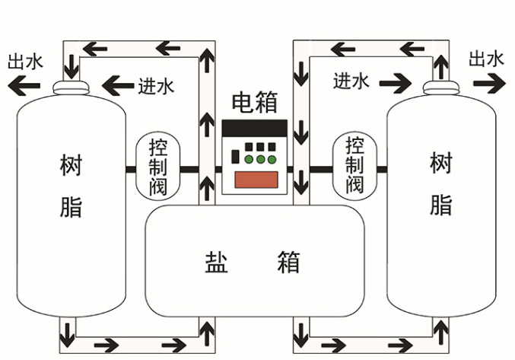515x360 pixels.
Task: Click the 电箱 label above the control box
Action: (254, 103)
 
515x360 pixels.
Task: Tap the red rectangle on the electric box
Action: (254, 180)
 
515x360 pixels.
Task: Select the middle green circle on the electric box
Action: (260, 160)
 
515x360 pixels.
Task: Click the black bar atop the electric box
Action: (254, 128)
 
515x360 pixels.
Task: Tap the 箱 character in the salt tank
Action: (289, 261)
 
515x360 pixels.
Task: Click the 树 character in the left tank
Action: (72, 164)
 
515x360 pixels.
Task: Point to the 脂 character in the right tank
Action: (440, 204)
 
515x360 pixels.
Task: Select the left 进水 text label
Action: (156, 85)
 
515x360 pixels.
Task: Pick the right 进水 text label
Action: (351, 81)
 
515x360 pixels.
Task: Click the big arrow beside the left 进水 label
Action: (117, 85)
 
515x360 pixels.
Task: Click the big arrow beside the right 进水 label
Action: (395, 81)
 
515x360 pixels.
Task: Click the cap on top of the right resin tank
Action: (440, 89)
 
